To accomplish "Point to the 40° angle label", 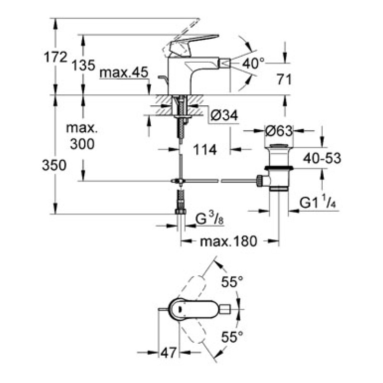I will point(253,63).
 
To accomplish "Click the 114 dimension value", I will point(204,150).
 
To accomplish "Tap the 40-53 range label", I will point(324,158).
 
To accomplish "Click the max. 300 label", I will point(81,136).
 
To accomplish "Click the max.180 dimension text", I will point(228,241).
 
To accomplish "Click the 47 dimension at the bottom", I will point(167,354).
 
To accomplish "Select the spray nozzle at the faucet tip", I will point(224,63).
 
